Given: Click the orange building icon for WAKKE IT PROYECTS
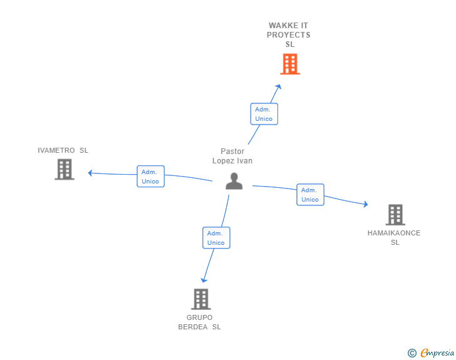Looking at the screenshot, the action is coord(290,64).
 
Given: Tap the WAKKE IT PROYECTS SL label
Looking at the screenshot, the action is coord(289,35).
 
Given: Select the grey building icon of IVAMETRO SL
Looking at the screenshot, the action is coord(65,169).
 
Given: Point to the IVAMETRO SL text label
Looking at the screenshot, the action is coord(63,150).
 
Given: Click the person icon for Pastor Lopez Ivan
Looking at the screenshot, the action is coord(234,181).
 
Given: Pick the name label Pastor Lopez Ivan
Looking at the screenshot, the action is coord(232,156).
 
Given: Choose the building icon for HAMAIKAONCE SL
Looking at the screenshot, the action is coord(395,215).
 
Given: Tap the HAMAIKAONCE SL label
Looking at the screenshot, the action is coord(394,237).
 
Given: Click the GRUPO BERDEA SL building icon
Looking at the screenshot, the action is coord(201,299).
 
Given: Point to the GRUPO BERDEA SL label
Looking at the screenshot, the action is coord(199,322).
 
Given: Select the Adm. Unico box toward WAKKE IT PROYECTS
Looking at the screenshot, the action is coord(264,114).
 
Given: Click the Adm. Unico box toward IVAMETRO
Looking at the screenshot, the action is coord(150,177).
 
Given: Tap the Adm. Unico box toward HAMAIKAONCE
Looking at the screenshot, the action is coord(310,195).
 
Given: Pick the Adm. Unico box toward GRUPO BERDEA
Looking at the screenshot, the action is coord(216,238).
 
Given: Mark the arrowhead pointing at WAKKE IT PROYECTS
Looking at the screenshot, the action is coord(279,86).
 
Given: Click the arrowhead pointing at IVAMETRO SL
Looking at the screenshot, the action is coord(90,173).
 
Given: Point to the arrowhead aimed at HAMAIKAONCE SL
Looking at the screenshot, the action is coord(366,204).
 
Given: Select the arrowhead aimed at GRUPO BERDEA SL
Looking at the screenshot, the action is coord(204,280).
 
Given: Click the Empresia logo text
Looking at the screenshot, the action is coord(437,352).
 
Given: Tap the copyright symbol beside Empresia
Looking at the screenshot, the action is coord(412,353).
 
